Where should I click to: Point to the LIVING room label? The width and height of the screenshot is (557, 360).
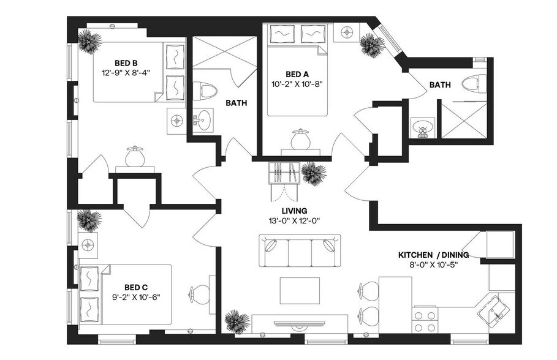294,211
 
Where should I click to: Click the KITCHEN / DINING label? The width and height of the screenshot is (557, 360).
433,255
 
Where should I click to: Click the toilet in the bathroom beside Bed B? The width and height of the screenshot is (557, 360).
207,91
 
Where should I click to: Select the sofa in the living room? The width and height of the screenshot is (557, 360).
298,250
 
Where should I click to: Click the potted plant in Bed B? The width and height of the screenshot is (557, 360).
90,43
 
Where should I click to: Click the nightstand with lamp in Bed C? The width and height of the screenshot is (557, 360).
88,244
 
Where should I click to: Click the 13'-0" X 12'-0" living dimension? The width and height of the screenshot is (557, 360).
294,221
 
